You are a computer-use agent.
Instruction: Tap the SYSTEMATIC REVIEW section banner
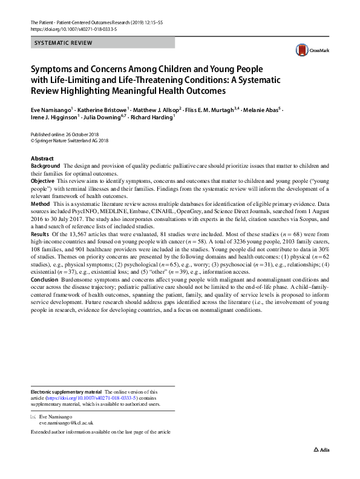pyautogui.click(x=103, y=43)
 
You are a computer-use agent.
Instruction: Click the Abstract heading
pyautogui.click(x=42, y=159)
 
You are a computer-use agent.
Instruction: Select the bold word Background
pyautogui.click(x=45, y=166)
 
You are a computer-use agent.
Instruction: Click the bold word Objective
pyautogui.click(x=43, y=181)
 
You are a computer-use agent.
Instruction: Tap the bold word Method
pyautogui.click(x=41, y=203)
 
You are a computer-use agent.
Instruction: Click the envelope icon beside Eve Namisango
pyautogui.click(x=33, y=418)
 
